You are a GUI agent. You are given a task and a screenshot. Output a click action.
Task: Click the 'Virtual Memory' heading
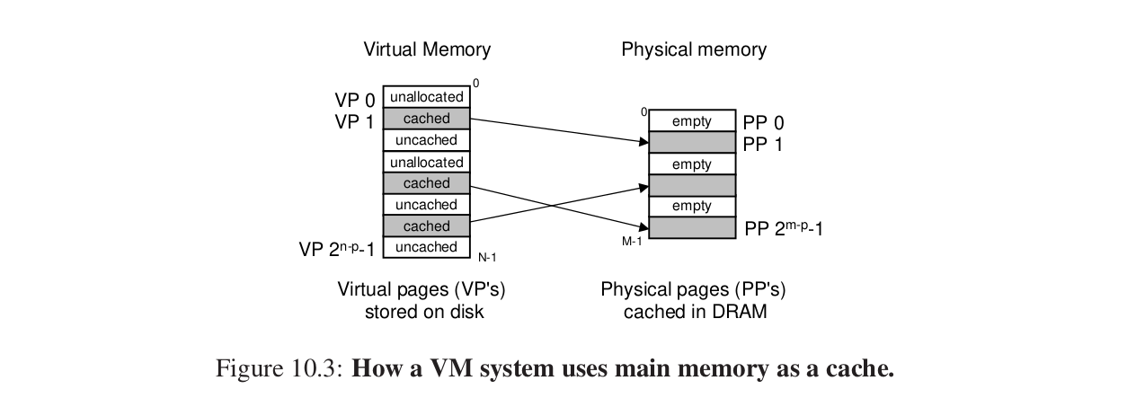pos(427,49)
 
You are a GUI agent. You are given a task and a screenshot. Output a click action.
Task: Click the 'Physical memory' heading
pos(694,49)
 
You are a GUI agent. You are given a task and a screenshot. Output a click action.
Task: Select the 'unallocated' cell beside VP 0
pos(427,97)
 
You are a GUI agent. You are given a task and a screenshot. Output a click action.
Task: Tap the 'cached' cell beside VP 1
pos(427,119)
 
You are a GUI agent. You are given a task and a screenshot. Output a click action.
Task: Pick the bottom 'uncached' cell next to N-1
pos(427,247)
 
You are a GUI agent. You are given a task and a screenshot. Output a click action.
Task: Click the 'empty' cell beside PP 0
pos(691,121)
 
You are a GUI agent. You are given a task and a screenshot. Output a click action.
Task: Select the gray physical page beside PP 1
pos(691,142)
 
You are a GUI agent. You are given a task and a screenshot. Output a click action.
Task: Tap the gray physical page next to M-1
pos(691,228)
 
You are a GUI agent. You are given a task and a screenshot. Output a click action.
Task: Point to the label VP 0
pos(355,100)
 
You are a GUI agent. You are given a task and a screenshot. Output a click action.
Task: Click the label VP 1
pos(355,120)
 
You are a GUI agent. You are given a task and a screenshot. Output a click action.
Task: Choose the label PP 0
pos(763,123)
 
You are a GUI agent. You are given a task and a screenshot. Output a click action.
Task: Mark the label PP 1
pos(763,144)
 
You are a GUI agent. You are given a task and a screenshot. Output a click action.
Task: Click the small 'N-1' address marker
pos(487,258)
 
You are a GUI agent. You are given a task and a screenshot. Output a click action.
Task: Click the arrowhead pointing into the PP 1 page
pos(644,142)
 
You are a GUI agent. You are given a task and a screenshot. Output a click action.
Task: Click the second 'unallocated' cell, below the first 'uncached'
pos(427,162)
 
